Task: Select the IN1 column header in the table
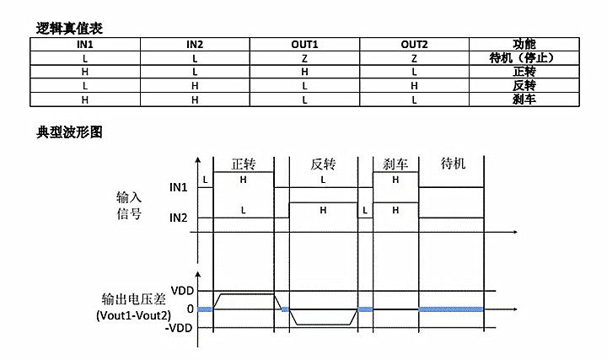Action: pos(84,45)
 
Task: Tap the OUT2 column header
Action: pos(414,45)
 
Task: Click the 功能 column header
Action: pos(524,45)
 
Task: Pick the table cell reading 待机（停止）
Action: pos(524,58)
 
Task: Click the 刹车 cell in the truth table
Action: pos(524,99)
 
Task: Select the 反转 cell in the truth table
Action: pos(524,86)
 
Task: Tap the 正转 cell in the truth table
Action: pos(524,73)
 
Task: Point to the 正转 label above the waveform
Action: pos(244,163)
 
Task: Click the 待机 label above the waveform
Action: pos(453,163)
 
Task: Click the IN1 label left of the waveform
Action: pos(178,187)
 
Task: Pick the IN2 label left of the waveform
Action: pos(178,218)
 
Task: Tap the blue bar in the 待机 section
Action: pos(452,309)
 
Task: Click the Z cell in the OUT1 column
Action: pos(304,58)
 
